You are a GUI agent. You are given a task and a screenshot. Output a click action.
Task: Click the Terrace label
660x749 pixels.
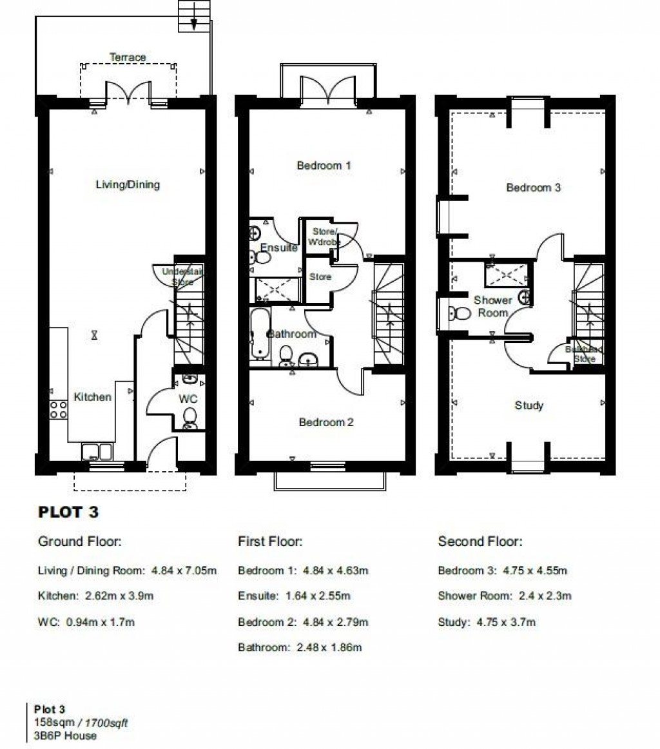click(128, 57)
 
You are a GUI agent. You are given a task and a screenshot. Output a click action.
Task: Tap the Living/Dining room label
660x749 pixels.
click(128, 185)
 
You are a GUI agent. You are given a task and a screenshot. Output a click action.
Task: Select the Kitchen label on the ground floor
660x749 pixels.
click(92, 397)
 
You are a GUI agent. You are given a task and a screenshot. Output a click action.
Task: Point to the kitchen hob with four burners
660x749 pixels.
click(59, 409)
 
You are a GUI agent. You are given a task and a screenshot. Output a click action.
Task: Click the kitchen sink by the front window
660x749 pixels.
click(97, 451)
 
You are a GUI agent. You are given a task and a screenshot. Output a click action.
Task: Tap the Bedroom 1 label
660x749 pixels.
click(324, 166)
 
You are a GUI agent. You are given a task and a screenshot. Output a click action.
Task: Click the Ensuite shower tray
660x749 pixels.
click(278, 289)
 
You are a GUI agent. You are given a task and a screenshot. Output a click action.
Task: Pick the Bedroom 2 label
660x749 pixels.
click(326, 423)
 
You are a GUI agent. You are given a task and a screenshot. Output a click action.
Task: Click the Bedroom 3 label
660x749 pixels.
click(533, 188)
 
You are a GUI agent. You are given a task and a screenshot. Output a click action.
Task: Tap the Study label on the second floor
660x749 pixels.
click(529, 405)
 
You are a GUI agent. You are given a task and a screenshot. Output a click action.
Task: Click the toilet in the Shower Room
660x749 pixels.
click(461, 314)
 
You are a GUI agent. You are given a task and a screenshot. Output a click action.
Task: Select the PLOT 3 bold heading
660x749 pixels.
click(69, 513)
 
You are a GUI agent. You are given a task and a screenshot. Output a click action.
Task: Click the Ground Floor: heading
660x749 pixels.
click(80, 541)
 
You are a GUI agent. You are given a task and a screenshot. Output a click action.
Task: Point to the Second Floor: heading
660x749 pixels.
click(480, 541)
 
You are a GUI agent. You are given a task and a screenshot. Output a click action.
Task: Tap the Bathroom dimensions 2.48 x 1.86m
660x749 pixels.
click(300, 648)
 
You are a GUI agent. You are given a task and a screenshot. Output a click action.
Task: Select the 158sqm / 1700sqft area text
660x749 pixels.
click(81, 723)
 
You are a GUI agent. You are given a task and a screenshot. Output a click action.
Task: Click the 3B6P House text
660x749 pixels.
click(65, 735)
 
